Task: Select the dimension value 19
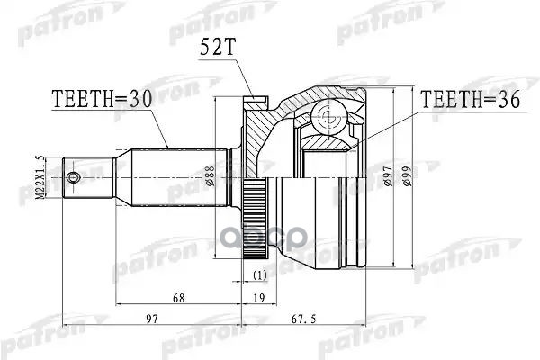tap(259, 298)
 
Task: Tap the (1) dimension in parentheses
tap(259, 274)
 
